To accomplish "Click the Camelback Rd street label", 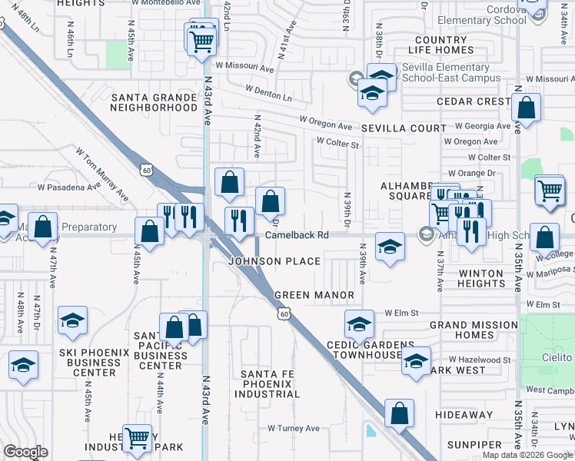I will pos(297,234).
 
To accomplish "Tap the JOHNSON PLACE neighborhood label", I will pos(274,261).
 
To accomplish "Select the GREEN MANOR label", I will pos(314,295).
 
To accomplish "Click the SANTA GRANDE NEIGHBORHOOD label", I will pos(155,102).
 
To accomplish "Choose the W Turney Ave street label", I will pos(293,428).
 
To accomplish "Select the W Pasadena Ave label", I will pos(69,187).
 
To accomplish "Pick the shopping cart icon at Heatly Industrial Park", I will pos(137,438).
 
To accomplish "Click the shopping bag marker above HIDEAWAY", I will pos(399,413).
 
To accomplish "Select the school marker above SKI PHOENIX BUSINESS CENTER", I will pos(72,320).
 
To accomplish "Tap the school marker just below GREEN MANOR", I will pos(358,325).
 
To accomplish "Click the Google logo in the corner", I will pos(25,452).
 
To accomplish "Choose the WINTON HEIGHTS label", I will pos(480,278).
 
